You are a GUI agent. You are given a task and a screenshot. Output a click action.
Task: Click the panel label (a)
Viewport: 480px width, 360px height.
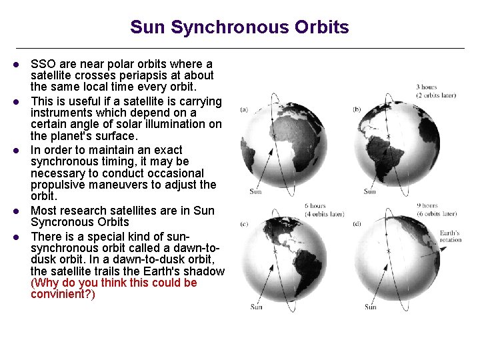click(x=244, y=109)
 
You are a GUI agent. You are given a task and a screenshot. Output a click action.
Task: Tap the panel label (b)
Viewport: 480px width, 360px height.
click(x=357, y=109)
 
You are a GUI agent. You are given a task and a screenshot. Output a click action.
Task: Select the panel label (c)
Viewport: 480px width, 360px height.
click(x=244, y=224)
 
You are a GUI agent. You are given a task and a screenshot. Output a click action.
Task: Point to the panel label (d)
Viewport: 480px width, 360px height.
click(x=357, y=224)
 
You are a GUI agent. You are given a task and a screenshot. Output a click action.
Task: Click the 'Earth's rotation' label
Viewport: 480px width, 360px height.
click(x=450, y=237)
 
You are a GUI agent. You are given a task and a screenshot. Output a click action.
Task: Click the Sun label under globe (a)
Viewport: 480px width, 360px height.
click(x=256, y=191)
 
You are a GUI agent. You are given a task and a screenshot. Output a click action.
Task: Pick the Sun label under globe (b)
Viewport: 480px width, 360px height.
click(x=369, y=191)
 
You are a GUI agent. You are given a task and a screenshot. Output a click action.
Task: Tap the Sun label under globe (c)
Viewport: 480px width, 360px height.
click(x=256, y=307)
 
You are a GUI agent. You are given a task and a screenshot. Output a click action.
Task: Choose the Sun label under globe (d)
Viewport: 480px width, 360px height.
click(x=370, y=307)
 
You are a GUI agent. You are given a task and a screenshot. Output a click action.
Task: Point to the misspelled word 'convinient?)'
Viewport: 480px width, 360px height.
click(x=63, y=294)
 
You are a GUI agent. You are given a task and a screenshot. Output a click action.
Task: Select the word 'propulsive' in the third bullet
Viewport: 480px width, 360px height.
click(x=63, y=185)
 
